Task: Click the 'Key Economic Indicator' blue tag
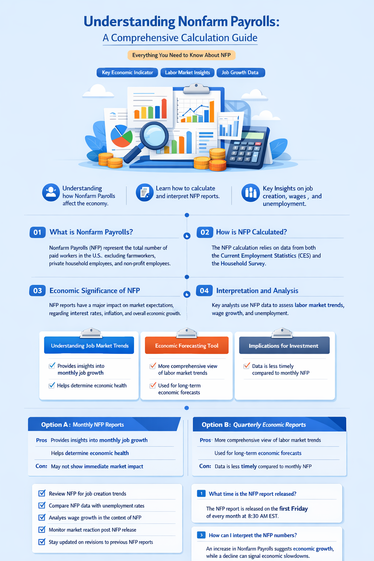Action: click(127, 73)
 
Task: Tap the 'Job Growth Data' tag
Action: click(240, 73)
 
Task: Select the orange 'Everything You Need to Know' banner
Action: click(182, 55)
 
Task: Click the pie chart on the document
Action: click(122, 136)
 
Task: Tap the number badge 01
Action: click(38, 232)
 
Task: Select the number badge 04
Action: click(204, 290)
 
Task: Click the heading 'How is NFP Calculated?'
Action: click(251, 232)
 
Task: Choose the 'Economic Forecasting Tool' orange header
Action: click(187, 346)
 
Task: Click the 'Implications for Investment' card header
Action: click(284, 346)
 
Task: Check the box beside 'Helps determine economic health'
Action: click(51, 385)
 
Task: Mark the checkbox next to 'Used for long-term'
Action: click(153, 386)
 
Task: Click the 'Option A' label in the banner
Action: click(54, 425)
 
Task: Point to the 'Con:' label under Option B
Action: click(205, 466)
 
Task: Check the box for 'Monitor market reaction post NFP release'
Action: click(42, 530)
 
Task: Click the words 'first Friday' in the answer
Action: click(293, 509)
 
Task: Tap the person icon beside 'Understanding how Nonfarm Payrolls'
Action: click(51, 192)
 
